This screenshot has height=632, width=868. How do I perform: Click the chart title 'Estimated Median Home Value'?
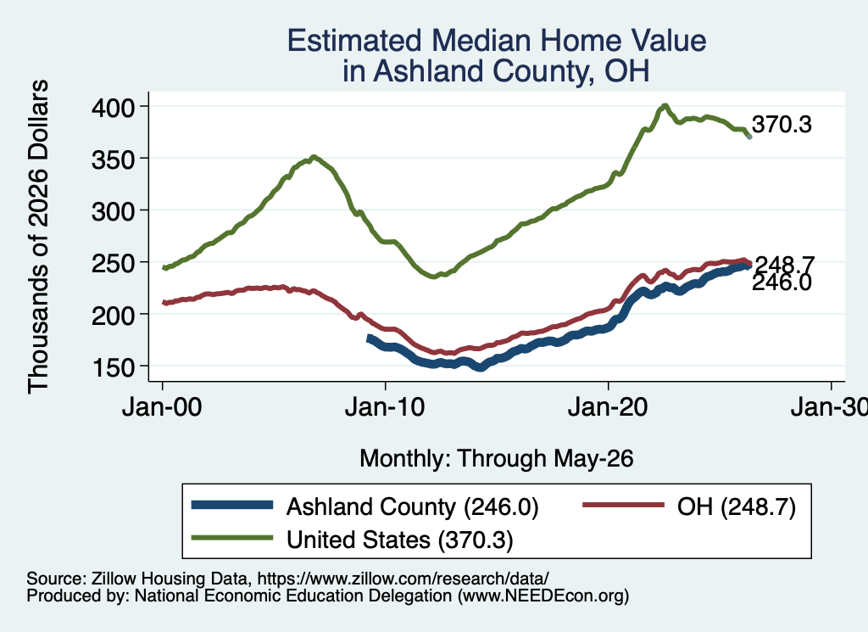tap(497, 41)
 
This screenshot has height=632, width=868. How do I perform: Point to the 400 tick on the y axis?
tap(114, 107)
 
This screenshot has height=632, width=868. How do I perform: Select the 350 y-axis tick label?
tap(114, 159)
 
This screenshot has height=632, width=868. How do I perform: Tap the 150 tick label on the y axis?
tap(114, 367)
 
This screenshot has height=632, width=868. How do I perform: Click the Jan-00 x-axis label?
tap(162, 407)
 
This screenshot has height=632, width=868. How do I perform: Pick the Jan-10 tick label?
tap(385, 407)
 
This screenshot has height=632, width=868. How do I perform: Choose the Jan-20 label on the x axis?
tap(608, 407)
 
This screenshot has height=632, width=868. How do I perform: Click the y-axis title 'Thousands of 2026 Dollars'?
tap(39, 237)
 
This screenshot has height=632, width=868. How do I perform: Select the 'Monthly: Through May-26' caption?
tap(497, 459)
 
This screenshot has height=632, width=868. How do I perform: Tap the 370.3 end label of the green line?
tap(782, 125)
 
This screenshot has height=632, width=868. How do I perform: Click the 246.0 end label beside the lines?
tap(782, 283)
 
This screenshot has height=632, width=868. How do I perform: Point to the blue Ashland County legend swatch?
tap(232, 505)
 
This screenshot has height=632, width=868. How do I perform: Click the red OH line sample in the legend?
tap(623, 505)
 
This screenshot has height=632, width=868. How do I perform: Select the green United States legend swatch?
tap(232, 538)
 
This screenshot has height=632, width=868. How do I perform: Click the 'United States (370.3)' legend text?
tap(400, 540)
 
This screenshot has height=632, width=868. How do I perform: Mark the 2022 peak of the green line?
tap(665, 106)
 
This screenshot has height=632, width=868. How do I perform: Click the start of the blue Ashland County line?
tap(370, 338)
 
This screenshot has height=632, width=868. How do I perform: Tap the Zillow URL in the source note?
tap(403, 579)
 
